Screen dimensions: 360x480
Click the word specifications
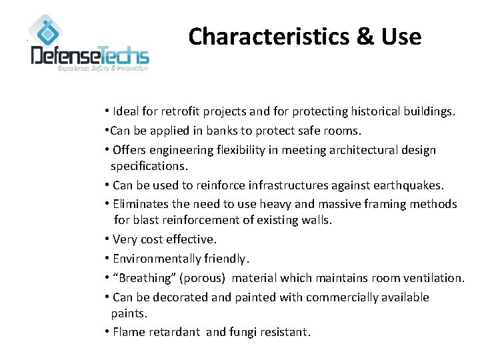coord(149,165)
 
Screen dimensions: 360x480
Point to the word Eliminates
coord(143,204)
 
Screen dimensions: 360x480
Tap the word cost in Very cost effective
coord(154,239)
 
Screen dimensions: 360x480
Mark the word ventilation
coord(431,277)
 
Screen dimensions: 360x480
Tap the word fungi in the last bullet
coord(244,331)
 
